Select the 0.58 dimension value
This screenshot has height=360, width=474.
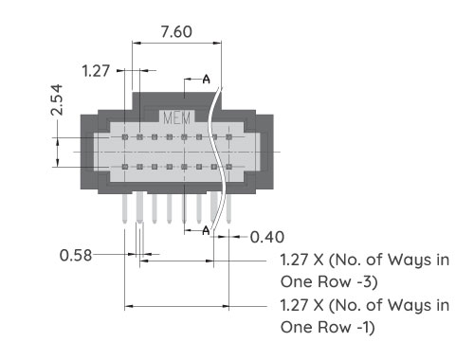point(76,255)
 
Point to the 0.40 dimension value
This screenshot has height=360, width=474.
point(266,236)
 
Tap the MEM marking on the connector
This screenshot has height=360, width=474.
point(177,118)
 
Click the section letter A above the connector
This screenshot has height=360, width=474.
point(207,79)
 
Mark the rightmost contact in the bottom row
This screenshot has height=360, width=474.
point(228,167)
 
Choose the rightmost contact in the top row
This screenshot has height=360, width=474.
point(228,136)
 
